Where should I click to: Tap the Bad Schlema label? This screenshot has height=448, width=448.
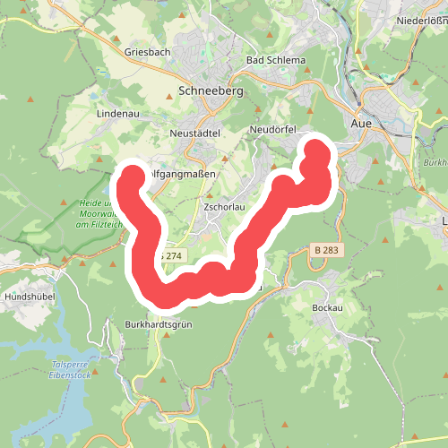276,60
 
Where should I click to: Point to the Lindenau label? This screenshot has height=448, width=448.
116,115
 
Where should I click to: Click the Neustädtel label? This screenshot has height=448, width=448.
194,133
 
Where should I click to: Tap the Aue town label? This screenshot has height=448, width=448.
362,123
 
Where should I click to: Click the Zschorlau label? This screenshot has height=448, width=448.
226,207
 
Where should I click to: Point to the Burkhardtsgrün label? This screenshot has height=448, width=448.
159,323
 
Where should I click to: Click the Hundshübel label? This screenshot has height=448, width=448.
30,296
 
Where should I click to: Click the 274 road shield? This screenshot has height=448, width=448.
171,256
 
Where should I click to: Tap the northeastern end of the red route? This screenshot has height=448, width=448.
316,148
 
